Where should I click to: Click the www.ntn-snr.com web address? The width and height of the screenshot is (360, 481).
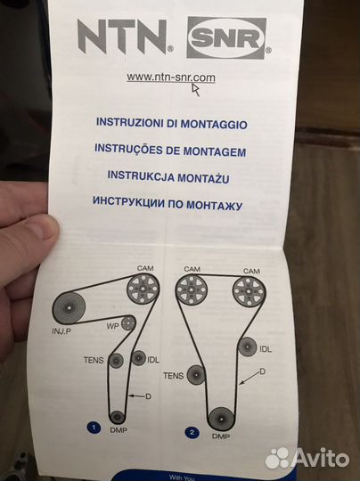[171, 77]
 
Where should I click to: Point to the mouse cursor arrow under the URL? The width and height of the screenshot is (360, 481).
[196, 86]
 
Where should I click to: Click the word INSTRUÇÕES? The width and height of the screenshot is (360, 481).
[135, 149]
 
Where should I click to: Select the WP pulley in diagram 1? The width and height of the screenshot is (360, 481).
[128, 322]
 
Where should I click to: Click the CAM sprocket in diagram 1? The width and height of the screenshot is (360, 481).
[140, 290]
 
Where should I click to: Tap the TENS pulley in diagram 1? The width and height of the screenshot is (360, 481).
[116, 361]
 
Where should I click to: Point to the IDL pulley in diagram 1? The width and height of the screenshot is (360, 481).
[138, 358]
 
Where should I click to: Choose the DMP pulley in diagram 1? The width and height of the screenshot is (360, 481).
[118, 416]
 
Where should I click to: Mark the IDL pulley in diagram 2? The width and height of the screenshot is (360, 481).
[249, 348]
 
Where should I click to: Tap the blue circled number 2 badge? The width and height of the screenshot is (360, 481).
[190, 432]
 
